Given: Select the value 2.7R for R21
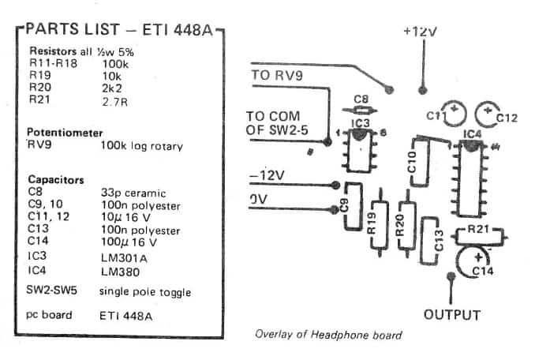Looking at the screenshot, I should coord(115,101).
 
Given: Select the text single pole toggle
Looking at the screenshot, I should coord(144,292).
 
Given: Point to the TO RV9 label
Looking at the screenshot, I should coord(279,76).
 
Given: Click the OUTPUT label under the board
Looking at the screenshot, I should coord(452,315).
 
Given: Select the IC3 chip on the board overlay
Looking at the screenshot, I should coord(359,150).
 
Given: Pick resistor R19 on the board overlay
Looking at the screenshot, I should coord(380,223).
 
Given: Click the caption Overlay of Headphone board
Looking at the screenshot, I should coord(327,335).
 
